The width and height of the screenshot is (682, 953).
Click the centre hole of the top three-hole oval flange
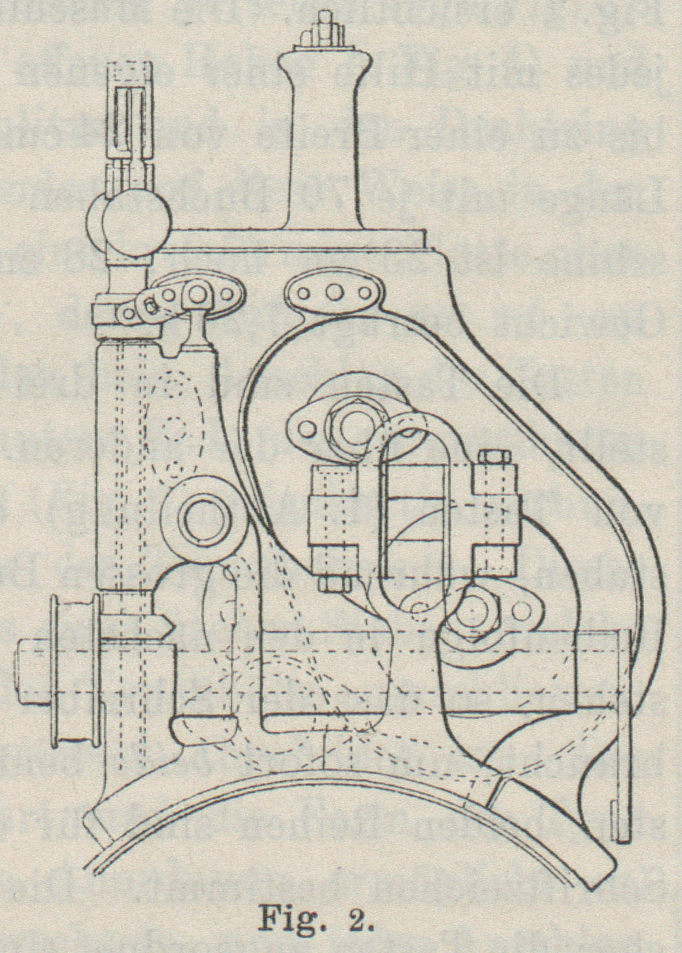pyautogui.click(x=335, y=293)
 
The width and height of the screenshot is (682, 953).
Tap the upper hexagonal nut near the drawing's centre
pyautogui.click(x=344, y=425)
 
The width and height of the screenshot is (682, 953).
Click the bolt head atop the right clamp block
pyautogui.click(x=492, y=458)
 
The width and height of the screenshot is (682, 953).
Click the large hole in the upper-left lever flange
pyautogui.click(x=198, y=294)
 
